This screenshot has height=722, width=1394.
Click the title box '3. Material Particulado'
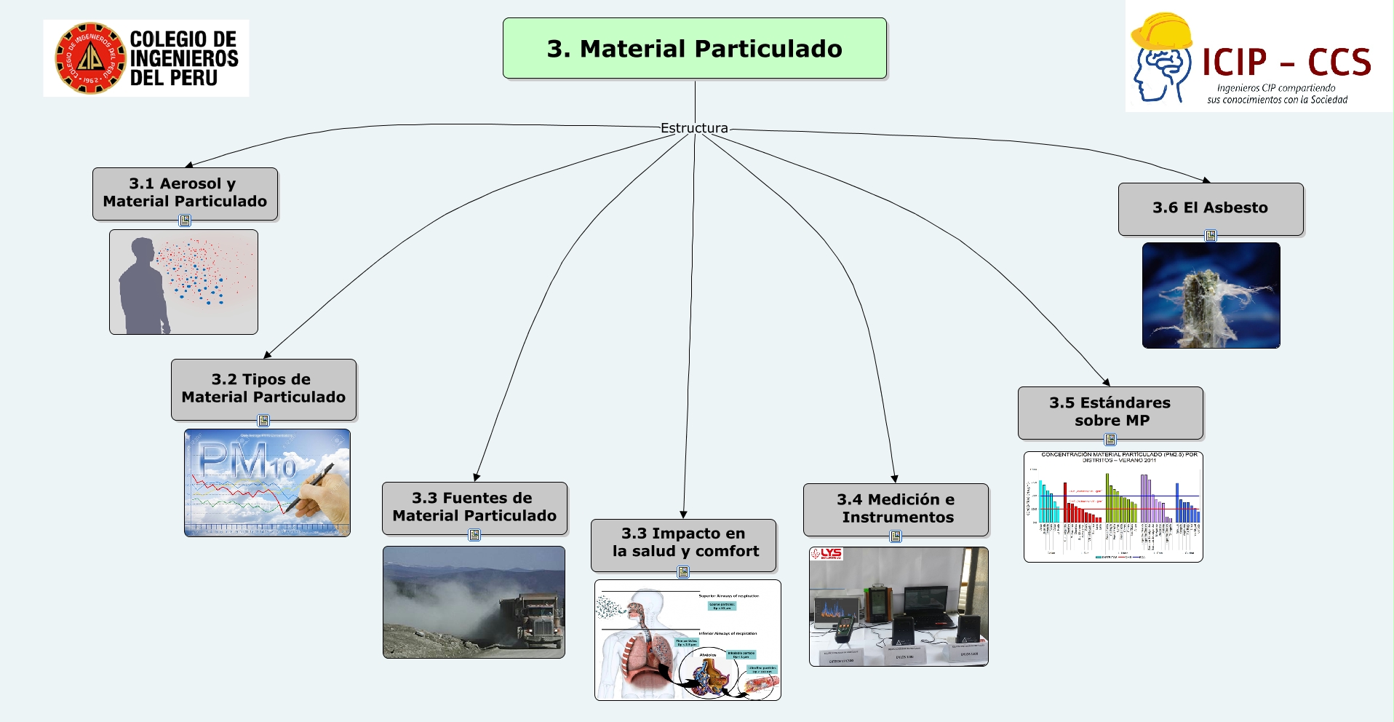(694, 48)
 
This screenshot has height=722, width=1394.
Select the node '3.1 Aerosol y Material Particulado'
(185, 193)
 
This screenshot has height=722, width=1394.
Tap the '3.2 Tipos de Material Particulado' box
(263, 389)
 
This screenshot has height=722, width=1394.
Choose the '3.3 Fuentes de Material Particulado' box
(474, 507)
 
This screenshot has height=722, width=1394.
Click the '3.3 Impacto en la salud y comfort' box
(683, 543)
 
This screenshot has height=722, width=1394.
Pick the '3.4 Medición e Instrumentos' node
(896, 509)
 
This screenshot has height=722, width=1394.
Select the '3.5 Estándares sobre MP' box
(1110, 412)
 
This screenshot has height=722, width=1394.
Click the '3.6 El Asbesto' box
(1210, 208)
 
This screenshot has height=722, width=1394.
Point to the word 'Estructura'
(694, 128)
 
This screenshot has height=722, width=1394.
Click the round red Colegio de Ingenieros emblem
(90, 58)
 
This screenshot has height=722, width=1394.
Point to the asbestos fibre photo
(1211, 295)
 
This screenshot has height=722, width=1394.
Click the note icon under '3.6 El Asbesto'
(1211, 236)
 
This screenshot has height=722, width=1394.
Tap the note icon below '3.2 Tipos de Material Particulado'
(263, 421)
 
